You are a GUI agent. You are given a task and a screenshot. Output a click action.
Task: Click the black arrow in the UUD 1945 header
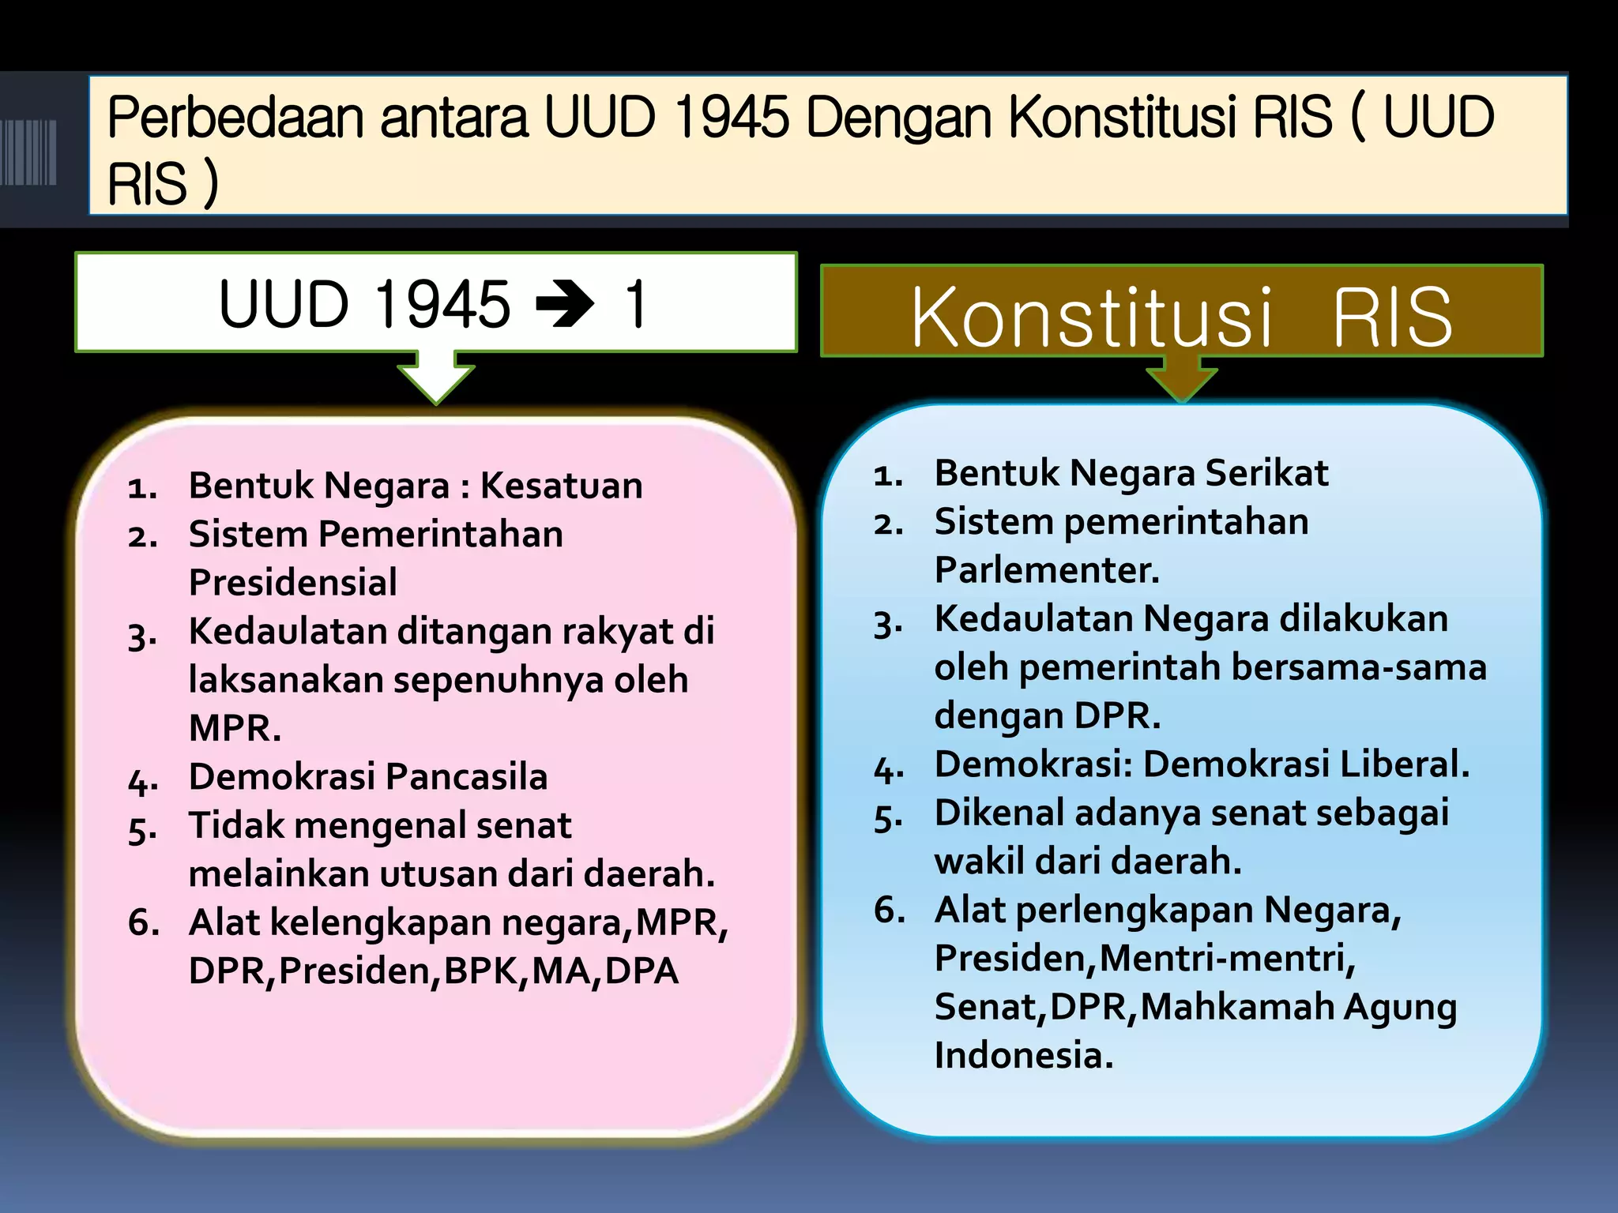[564, 304]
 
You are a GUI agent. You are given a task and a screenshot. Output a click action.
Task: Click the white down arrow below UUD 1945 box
[435, 377]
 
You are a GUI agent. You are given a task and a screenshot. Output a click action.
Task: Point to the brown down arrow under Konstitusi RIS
[1181, 379]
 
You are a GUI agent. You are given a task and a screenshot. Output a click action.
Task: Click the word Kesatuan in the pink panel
[562, 485]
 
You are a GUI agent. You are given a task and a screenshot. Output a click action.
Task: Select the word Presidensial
[292, 583]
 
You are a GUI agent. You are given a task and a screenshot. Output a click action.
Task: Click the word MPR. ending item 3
[235, 728]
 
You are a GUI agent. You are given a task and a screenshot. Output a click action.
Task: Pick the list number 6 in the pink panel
[143, 922]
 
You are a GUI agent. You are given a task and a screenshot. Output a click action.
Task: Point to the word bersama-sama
[1359, 667]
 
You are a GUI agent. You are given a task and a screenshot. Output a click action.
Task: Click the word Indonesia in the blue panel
[1022, 1055]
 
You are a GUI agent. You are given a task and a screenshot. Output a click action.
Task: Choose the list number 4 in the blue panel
[888, 768]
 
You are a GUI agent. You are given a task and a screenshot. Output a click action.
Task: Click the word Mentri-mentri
[1227, 958]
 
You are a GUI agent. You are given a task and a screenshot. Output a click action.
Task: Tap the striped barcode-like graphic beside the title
[28, 152]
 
